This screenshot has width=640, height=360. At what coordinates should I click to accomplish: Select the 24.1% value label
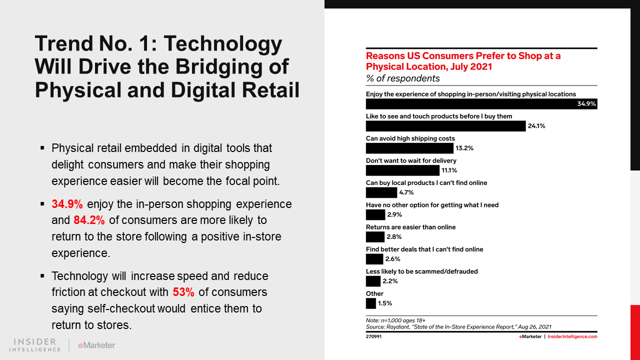pos(536,126)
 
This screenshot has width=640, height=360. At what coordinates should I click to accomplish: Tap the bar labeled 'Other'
pos(370,303)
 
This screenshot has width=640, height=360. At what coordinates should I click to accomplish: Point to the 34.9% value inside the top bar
pos(586,104)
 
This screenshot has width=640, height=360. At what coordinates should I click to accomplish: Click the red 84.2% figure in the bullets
pos(88,220)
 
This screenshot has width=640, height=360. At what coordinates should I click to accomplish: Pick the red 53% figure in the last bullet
pos(183,292)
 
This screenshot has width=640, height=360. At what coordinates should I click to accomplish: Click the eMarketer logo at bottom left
pos(96,345)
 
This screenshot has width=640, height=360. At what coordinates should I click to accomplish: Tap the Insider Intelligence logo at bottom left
pos(35,345)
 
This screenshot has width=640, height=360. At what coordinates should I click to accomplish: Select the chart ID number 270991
pos(373,336)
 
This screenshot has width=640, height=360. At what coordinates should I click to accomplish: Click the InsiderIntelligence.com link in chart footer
pos(572,336)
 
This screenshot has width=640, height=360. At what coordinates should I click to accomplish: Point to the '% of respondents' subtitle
pos(403,78)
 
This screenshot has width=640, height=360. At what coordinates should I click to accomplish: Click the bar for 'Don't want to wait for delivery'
pos(402,170)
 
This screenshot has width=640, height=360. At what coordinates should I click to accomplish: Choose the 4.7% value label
pos(406,192)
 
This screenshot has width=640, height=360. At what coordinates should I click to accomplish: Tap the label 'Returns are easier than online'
pos(410,227)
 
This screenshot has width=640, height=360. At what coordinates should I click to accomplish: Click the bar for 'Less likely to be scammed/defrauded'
pos(373,281)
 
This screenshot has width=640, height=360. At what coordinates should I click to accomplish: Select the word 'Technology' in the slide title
pos(223,44)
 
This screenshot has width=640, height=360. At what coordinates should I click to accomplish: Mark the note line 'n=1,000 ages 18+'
pos(395,320)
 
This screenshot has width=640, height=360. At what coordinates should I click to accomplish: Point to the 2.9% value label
pos(394,214)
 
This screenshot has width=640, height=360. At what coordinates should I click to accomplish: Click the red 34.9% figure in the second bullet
pos(67,204)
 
